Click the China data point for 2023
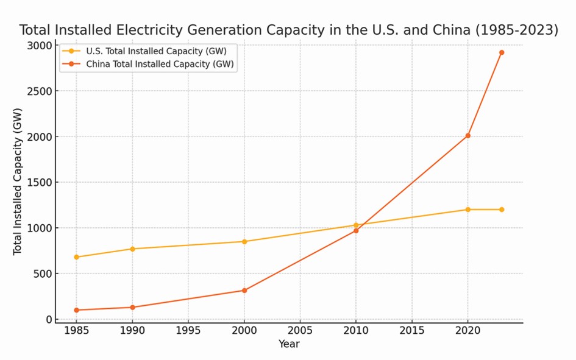tap(502, 52)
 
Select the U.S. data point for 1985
tap(76, 257)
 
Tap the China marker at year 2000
tap(244, 291)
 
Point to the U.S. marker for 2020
tap(468, 210)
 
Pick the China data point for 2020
tap(468, 136)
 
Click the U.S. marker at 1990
tap(132, 249)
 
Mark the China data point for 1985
tap(76, 310)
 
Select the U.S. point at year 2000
tap(244, 242)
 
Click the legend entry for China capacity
tap(160, 64)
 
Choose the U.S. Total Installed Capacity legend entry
tap(157, 51)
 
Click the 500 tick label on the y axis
tap(43, 274)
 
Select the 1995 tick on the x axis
tap(188, 331)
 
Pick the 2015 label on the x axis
tap(411, 331)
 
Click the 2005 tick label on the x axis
tap(300, 331)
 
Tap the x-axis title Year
tap(289, 344)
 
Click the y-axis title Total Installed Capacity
tap(18, 182)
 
